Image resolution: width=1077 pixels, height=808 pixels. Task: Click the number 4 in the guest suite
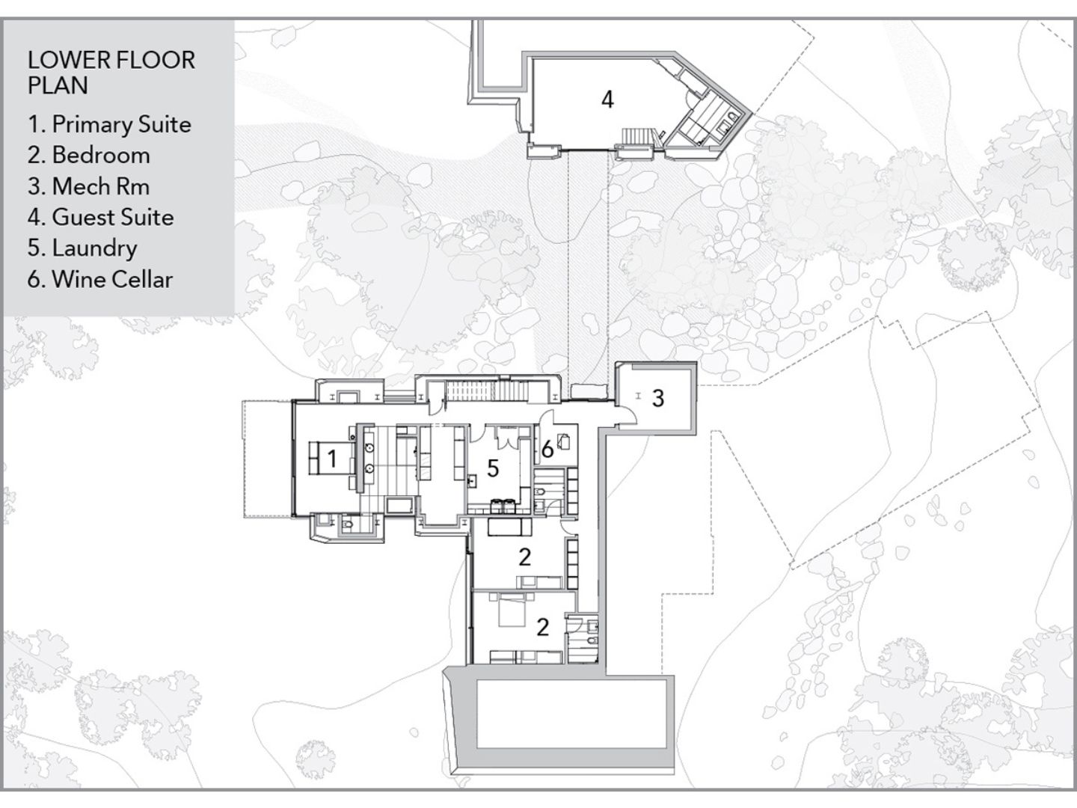(607, 100)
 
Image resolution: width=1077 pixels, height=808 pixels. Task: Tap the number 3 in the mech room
(658, 398)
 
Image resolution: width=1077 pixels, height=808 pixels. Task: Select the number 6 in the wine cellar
(547, 449)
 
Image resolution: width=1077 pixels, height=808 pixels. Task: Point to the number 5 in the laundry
(493, 468)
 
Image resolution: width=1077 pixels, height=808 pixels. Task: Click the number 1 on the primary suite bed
(332, 459)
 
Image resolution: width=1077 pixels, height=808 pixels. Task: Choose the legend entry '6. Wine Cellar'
(100, 280)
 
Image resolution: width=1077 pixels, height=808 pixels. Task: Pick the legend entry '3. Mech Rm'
(88, 186)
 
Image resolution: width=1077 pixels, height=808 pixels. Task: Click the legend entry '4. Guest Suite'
(100, 217)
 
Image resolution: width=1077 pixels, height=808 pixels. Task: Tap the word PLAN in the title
(58, 85)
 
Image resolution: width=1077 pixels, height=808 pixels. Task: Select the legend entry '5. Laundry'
(82, 248)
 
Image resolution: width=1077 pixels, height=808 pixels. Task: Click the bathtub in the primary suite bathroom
(400, 505)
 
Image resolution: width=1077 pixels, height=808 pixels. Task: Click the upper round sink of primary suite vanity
(369, 448)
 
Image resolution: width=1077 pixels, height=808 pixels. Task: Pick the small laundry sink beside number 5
(473, 480)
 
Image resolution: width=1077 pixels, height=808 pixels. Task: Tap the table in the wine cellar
(565, 442)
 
